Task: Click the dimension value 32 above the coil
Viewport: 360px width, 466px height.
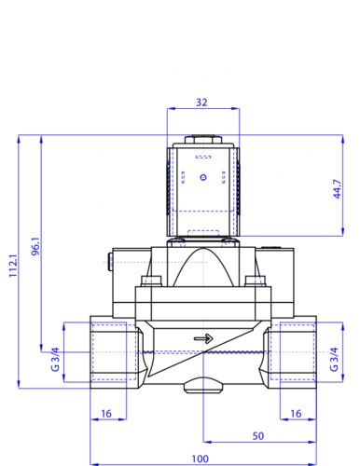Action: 201,103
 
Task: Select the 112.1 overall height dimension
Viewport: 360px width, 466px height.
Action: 13,266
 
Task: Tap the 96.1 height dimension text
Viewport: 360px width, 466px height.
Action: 35,246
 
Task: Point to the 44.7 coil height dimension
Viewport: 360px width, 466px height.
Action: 337,189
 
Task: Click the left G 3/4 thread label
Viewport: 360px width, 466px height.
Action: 55,359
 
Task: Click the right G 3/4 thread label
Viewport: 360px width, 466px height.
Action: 334,359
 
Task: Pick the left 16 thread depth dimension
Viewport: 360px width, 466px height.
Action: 106,414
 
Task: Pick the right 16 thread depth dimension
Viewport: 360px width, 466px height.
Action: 296,414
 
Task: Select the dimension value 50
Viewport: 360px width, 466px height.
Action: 258,436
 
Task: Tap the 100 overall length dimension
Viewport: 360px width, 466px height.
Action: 200,459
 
